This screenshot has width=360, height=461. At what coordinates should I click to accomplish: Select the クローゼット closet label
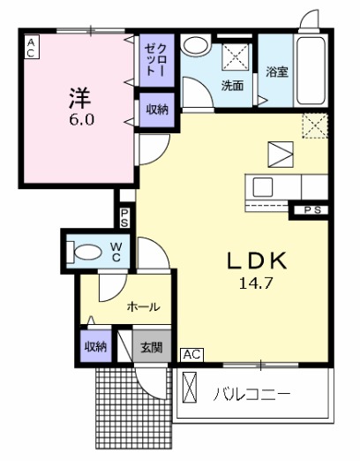(156, 58)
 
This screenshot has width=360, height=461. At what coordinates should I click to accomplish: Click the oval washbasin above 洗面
(196, 45)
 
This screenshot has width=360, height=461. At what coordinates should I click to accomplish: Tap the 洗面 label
(232, 87)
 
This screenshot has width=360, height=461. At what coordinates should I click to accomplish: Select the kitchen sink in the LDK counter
(264, 186)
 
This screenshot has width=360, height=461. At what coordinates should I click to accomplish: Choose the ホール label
(143, 307)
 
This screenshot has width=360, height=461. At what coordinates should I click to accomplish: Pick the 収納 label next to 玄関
(95, 347)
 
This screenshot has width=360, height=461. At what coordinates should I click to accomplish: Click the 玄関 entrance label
(152, 347)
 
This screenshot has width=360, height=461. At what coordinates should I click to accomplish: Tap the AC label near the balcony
(191, 354)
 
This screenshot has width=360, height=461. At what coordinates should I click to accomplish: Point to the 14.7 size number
(252, 284)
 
